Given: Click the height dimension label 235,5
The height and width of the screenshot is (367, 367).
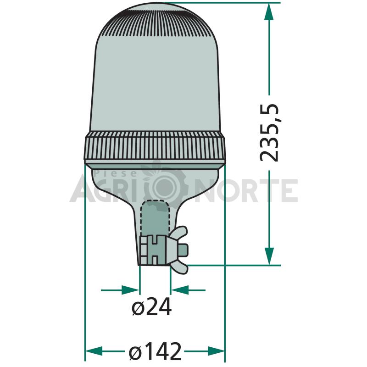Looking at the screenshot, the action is click(269, 133).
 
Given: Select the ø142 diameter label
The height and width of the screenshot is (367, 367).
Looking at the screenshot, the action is click(155, 351).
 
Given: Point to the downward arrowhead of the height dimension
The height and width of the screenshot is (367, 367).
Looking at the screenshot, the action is click(269, 256).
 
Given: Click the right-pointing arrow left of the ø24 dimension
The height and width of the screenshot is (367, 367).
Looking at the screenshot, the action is click(120, 290).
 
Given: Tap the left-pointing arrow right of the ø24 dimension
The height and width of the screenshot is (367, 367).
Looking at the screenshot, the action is click(188, 290).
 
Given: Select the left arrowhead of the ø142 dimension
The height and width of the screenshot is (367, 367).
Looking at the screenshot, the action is click(94, 351).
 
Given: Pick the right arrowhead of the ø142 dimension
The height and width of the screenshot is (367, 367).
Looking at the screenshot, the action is click(216, 351).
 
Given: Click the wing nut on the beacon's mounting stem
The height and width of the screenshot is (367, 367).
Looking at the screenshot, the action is click(177, 250).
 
